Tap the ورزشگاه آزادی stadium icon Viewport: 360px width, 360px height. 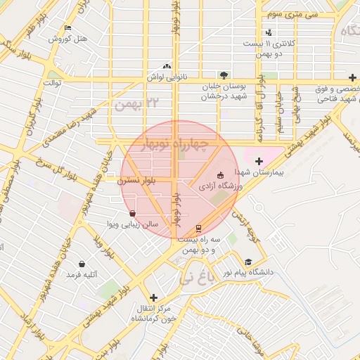(x=220, y=175)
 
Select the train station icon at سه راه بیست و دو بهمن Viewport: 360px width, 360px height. (x=199, y=229)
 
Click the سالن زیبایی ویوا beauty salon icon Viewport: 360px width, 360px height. (x=132, y=213)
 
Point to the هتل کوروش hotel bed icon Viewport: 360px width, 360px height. (x=67, y=28)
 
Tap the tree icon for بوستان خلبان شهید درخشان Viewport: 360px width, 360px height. (x=224, y=75)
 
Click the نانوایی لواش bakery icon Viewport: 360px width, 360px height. (x=167, y=66)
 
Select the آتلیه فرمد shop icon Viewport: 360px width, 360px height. (x=82, y=264)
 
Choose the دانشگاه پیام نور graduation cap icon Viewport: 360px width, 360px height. (x=247, y=262)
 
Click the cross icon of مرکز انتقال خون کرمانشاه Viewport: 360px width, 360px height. (x=153, y=297)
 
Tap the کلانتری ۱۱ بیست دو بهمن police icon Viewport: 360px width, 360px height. (x=269, y=32)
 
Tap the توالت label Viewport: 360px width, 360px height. (x=53, y=83)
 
